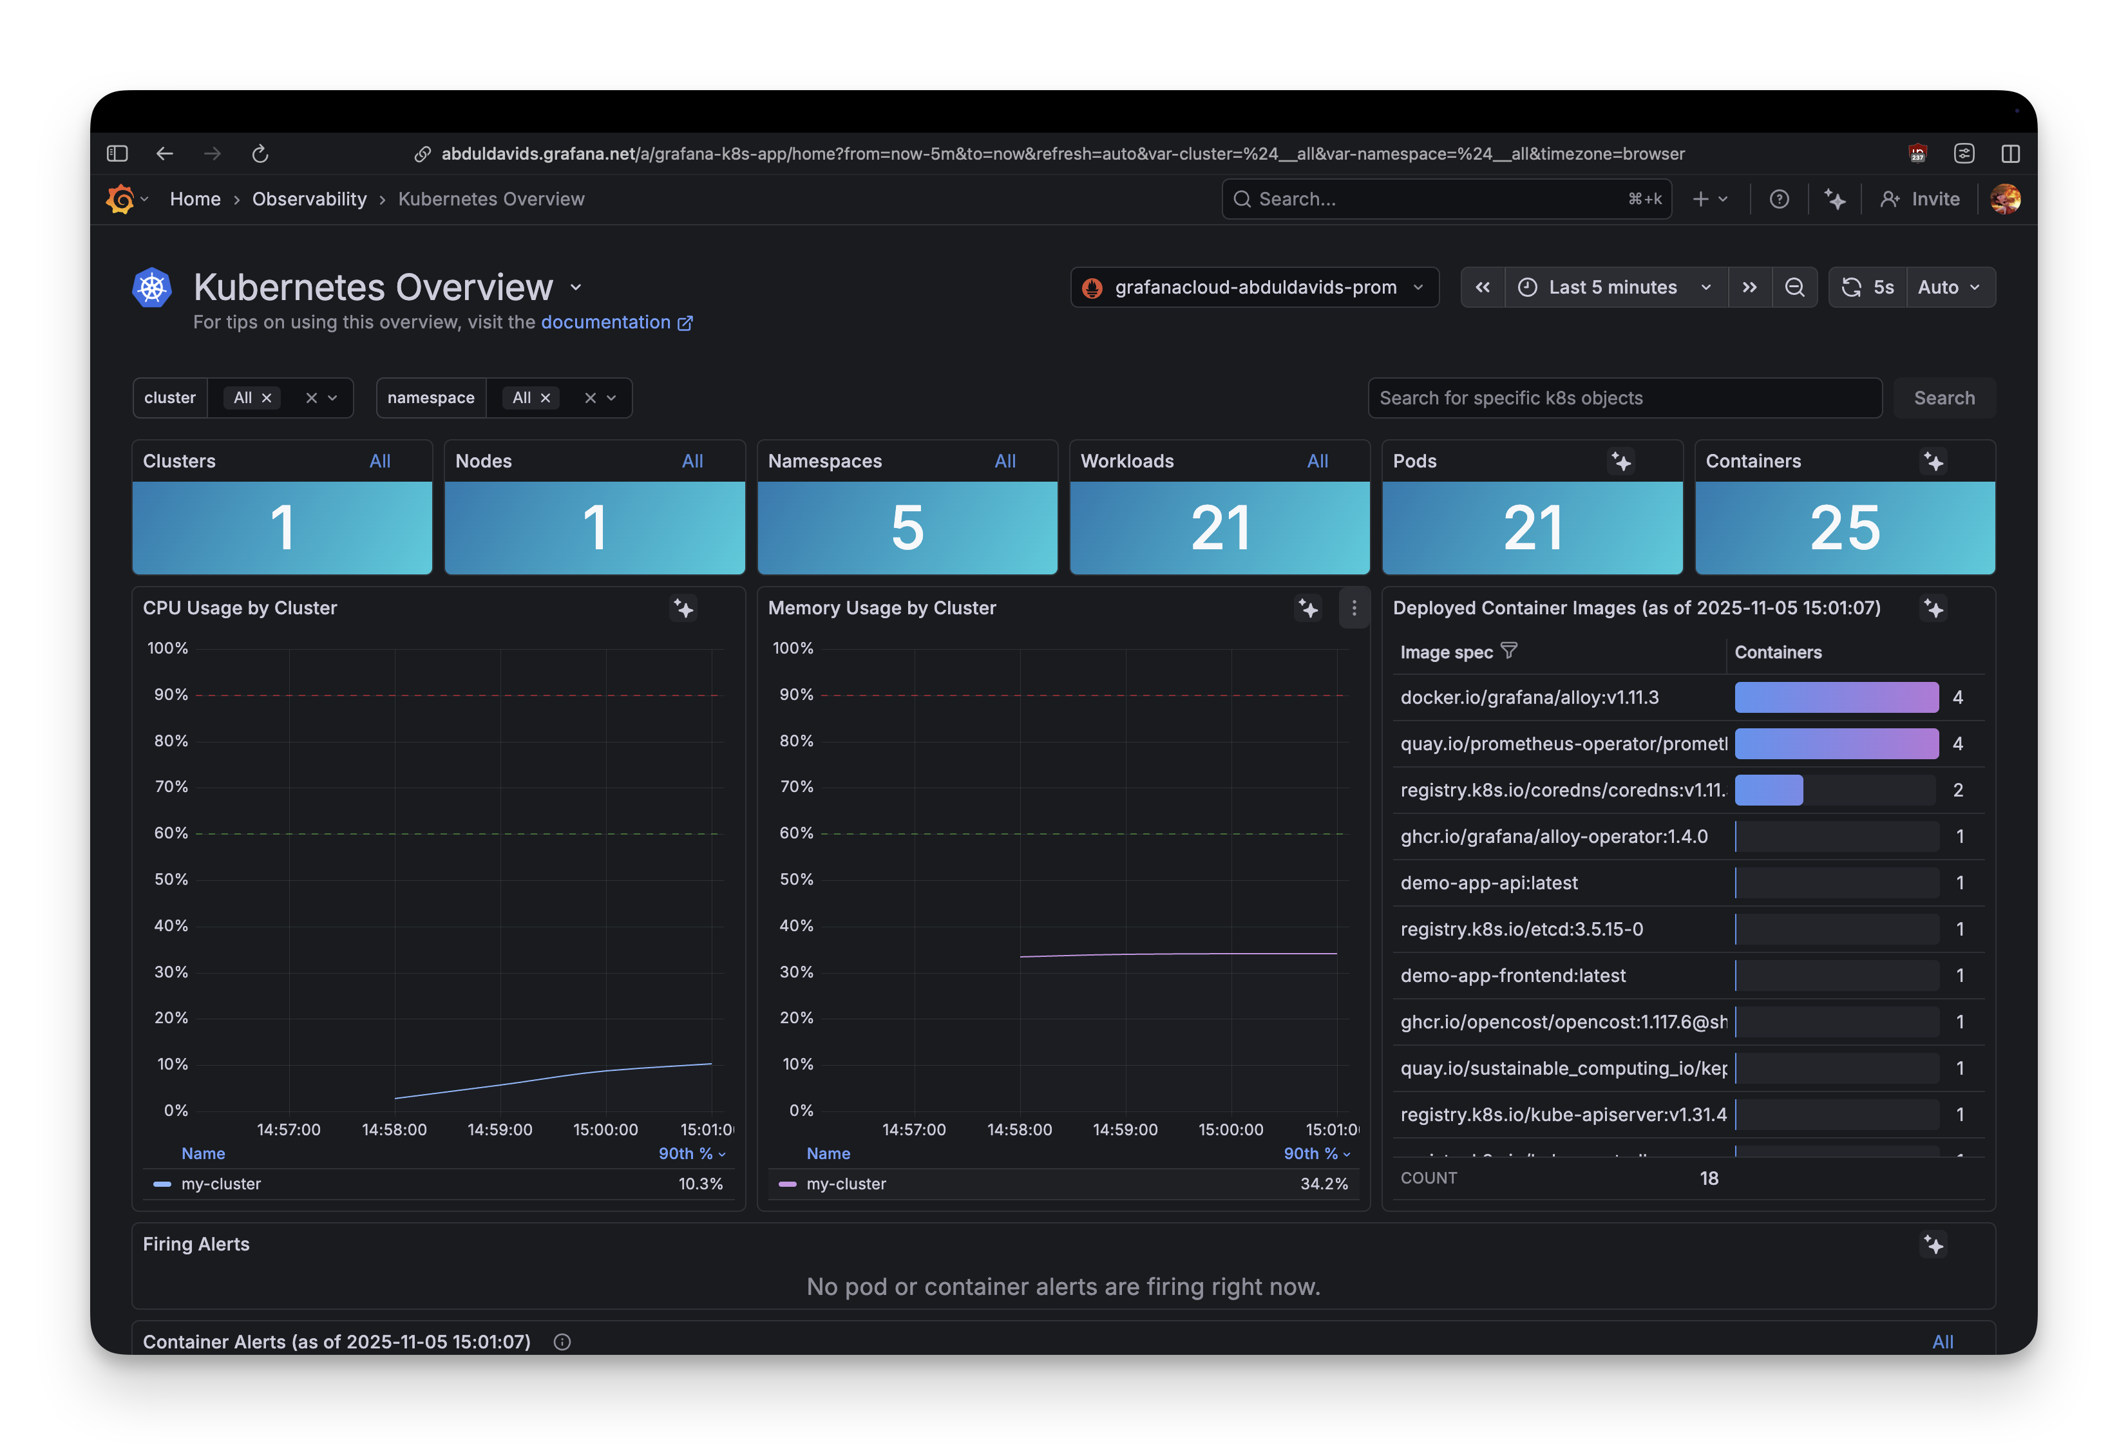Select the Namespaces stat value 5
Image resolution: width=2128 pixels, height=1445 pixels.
(x=906, y=529)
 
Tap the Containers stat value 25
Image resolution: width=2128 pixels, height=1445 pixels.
(x=1844, y=529)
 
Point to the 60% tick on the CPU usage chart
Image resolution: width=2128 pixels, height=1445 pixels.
(x=171, y=833)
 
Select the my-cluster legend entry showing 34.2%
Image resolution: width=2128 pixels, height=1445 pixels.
(x=846, y=1184)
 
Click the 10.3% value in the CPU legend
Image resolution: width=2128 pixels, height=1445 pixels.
(x=701, y=1184)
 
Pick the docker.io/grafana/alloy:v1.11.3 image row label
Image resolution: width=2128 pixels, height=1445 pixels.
(x=1529, y=698)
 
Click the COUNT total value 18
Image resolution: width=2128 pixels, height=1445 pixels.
(x=1709, y=1178)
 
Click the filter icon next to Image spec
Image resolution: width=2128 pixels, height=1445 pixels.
(x=1509, y=651)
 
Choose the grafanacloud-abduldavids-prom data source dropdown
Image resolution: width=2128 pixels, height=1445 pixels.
(x=1255, y=288)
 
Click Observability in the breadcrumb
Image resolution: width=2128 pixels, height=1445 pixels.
(x=310, y=200)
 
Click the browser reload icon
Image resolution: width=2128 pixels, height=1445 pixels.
(x=260, y=154)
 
